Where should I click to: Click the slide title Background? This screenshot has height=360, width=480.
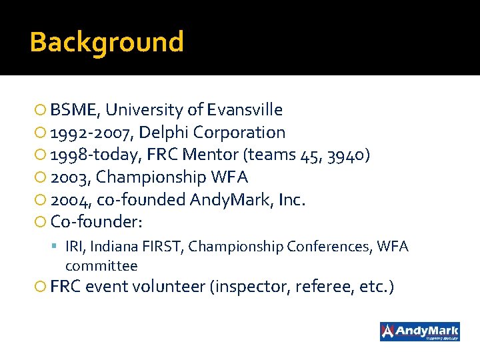pyautogui.click(x=107, y=42)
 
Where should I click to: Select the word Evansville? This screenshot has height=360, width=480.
pyautogui.click(x=245, y=110)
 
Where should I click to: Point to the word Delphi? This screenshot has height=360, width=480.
pyautogui.click(x=160, y=133)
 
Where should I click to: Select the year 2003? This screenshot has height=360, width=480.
pyautogui.click(x=69, y=177)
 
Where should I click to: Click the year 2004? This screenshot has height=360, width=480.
pyautogui.click(x=69, y=199)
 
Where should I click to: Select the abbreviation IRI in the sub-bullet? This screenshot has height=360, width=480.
pyautogui.click(x=74, y=247)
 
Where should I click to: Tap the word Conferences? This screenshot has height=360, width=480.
pyautogui.click(x=329, y=247)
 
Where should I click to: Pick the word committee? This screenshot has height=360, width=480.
pyautogui.click(x=101, y=265)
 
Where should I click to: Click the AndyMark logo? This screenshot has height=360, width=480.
pyautogui.click(x=419, y=331)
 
